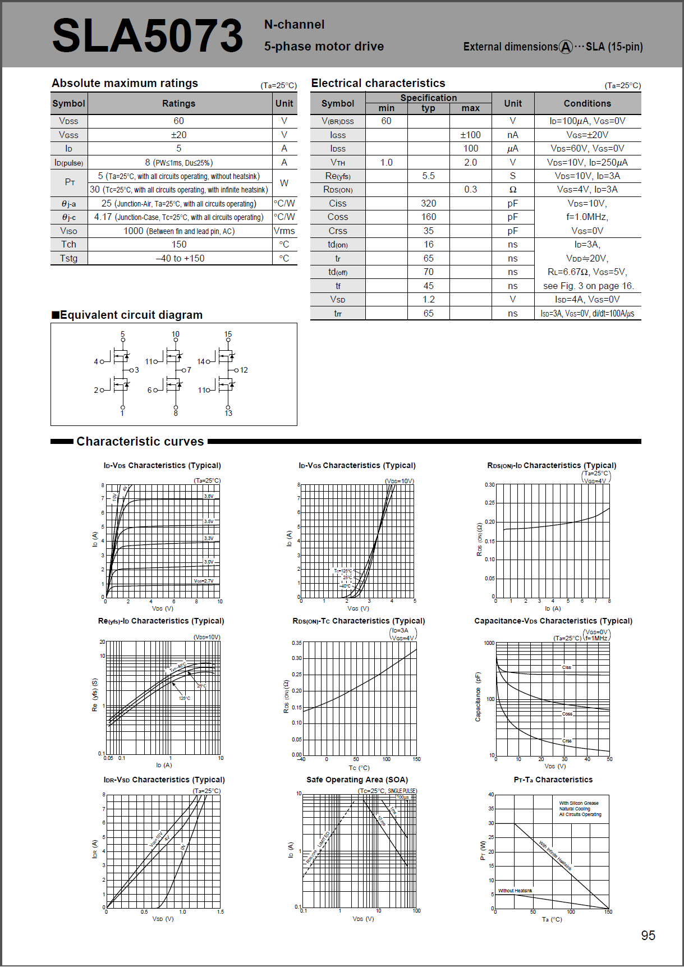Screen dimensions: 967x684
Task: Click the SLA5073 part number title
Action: [147, 35]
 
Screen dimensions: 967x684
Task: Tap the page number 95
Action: [648, 935]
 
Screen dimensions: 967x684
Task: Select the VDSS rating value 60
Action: [178, 121]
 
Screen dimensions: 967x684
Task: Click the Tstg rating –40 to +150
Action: [180, 258]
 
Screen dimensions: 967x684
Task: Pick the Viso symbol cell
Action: [68, 231]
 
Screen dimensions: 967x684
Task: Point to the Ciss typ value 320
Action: [428, 203]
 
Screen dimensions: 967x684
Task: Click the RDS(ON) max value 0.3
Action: [470, 189]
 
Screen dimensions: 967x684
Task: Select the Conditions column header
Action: [587, 103]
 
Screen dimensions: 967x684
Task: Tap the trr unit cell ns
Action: [512, 313]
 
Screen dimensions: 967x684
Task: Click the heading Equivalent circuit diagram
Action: [131, 315]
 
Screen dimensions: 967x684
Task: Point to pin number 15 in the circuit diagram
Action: [228, 334]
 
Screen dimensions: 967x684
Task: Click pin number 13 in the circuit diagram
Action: [228, 413]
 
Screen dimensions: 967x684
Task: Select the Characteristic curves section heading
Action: [140, 442]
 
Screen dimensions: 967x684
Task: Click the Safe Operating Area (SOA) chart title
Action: [357, 780]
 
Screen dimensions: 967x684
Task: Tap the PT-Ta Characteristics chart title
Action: [553, 780]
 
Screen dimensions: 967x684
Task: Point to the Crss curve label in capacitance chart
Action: [567, 741]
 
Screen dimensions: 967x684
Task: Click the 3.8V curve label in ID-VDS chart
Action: [208, 496]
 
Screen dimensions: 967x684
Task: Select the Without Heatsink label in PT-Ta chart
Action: [515, 891]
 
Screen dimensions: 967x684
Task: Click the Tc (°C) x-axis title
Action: [359, 768]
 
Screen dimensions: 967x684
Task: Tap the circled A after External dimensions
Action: [566, 47]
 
